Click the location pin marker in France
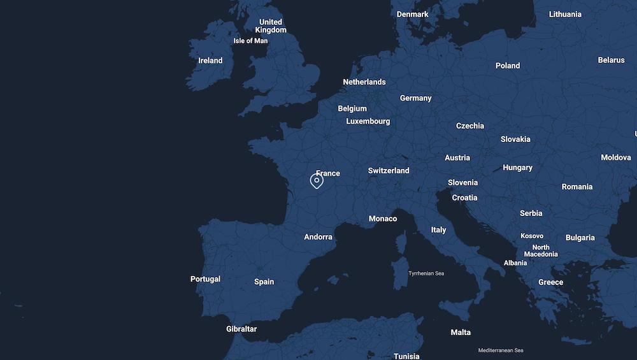[317, 181]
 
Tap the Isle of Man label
[250, 41]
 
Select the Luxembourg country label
[368, 121]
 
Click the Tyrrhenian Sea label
[426, 273]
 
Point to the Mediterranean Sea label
[501, 350]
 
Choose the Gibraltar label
[241, 329]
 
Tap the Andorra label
[318, 237]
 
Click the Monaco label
[383, 219]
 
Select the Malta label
[461, 333]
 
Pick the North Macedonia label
[541, 250]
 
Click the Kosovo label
[532, 236]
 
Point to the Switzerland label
[389, 171]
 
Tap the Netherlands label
[364, 82]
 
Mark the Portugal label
[205, 279]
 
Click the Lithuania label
[565, 14]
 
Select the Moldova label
[615, 157]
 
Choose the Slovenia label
[462, 182]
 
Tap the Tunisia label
[406, 356]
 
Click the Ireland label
[210, 61]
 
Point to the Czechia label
[470, 126]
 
